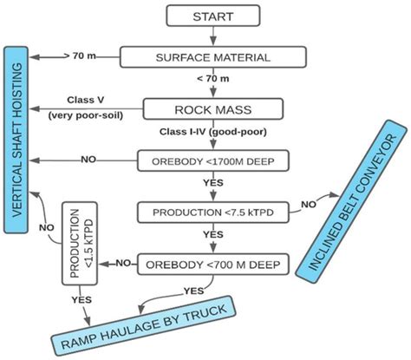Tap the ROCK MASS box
click(212, 109)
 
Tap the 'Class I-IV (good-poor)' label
click(212, 133)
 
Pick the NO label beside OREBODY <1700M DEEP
click(88, 160)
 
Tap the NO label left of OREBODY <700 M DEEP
click(124, 262)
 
